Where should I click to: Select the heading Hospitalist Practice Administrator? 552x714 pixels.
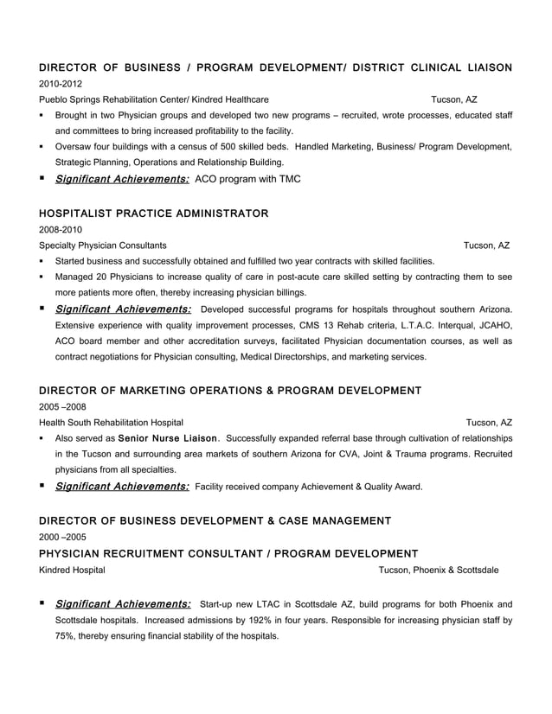154,213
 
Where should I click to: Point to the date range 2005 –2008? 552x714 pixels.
63,405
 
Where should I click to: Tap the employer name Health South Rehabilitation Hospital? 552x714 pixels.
111,422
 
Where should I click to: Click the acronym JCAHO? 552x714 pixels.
492,325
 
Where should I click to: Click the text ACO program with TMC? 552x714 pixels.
248,179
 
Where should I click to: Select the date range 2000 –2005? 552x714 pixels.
63,537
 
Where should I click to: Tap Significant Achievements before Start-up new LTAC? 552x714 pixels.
123,603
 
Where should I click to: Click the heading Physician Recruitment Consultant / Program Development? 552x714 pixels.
229,553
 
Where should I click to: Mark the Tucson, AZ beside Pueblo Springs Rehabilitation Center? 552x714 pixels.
455,99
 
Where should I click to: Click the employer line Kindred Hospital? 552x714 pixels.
73,570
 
